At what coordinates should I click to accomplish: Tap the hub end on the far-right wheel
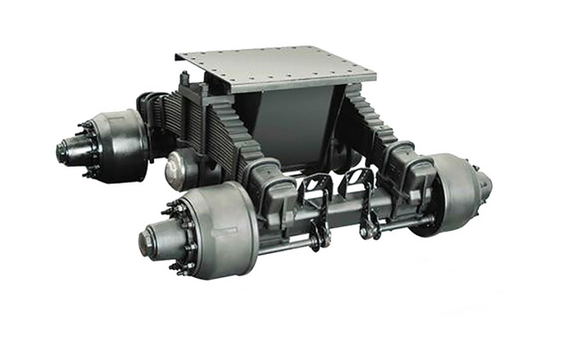point(484,186)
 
